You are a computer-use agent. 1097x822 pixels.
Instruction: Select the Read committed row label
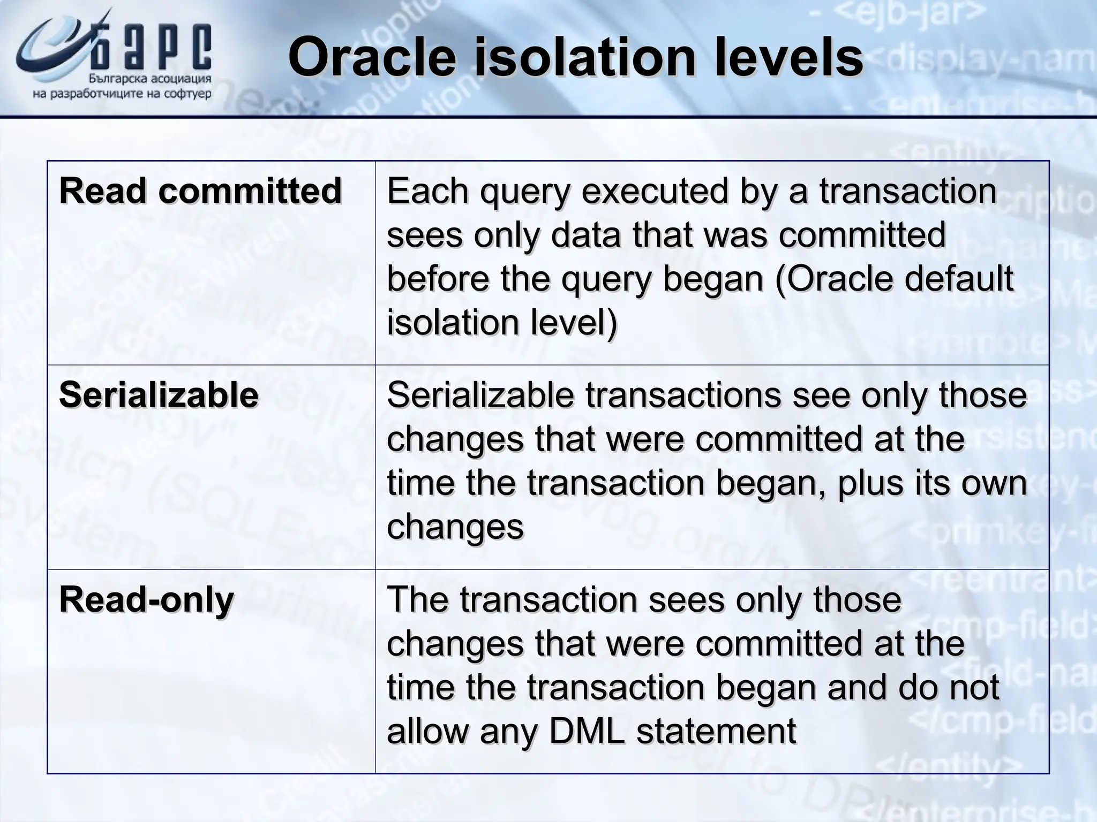[200, 191]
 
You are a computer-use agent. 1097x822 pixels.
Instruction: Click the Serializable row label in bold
[159, 395]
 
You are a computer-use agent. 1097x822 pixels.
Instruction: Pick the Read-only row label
[146, 600]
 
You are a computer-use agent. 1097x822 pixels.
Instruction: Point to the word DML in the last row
[587, 732]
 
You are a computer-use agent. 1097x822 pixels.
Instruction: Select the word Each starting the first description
[428, 191]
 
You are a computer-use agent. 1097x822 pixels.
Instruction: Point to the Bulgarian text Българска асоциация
[149, 79]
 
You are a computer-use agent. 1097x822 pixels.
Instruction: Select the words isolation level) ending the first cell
[502, 323]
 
